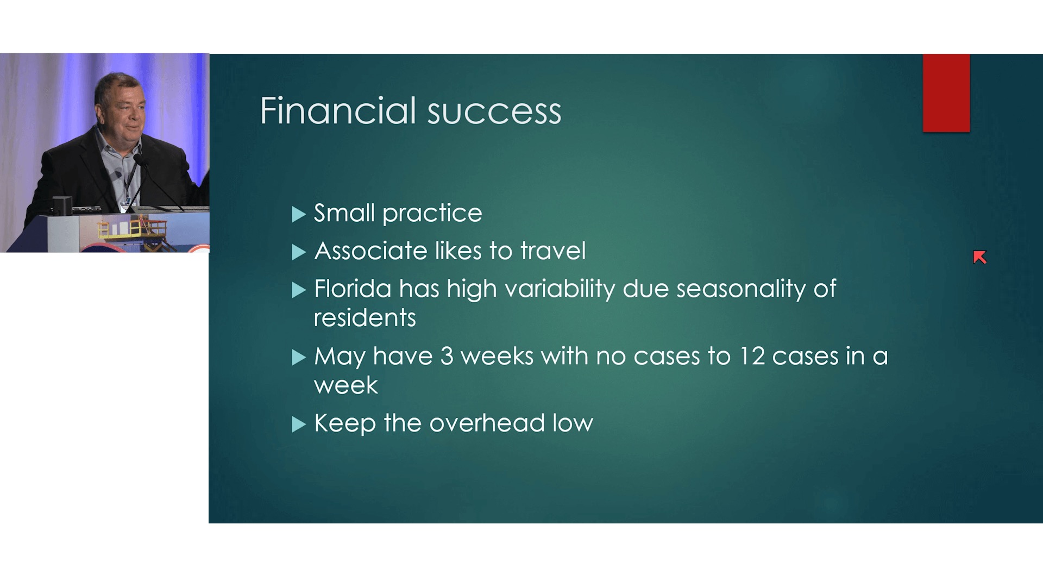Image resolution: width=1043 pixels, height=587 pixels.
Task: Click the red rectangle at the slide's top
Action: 946,93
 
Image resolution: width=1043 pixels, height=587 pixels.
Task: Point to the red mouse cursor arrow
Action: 980,258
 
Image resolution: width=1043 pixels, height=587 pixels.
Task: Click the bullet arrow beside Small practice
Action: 299,215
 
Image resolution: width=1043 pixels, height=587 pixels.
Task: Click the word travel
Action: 553,251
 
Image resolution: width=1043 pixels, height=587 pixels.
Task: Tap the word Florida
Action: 353,289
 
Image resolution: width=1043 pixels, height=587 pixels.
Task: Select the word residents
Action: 365,318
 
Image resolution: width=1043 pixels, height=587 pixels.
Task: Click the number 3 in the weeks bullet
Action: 447,357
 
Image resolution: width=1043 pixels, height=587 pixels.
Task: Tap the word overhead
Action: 487,423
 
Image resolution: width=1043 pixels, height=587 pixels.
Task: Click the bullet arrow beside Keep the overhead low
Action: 299,424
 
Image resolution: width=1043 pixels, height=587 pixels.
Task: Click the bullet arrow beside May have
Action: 299,357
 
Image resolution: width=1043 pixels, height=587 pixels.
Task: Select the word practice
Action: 432,214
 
